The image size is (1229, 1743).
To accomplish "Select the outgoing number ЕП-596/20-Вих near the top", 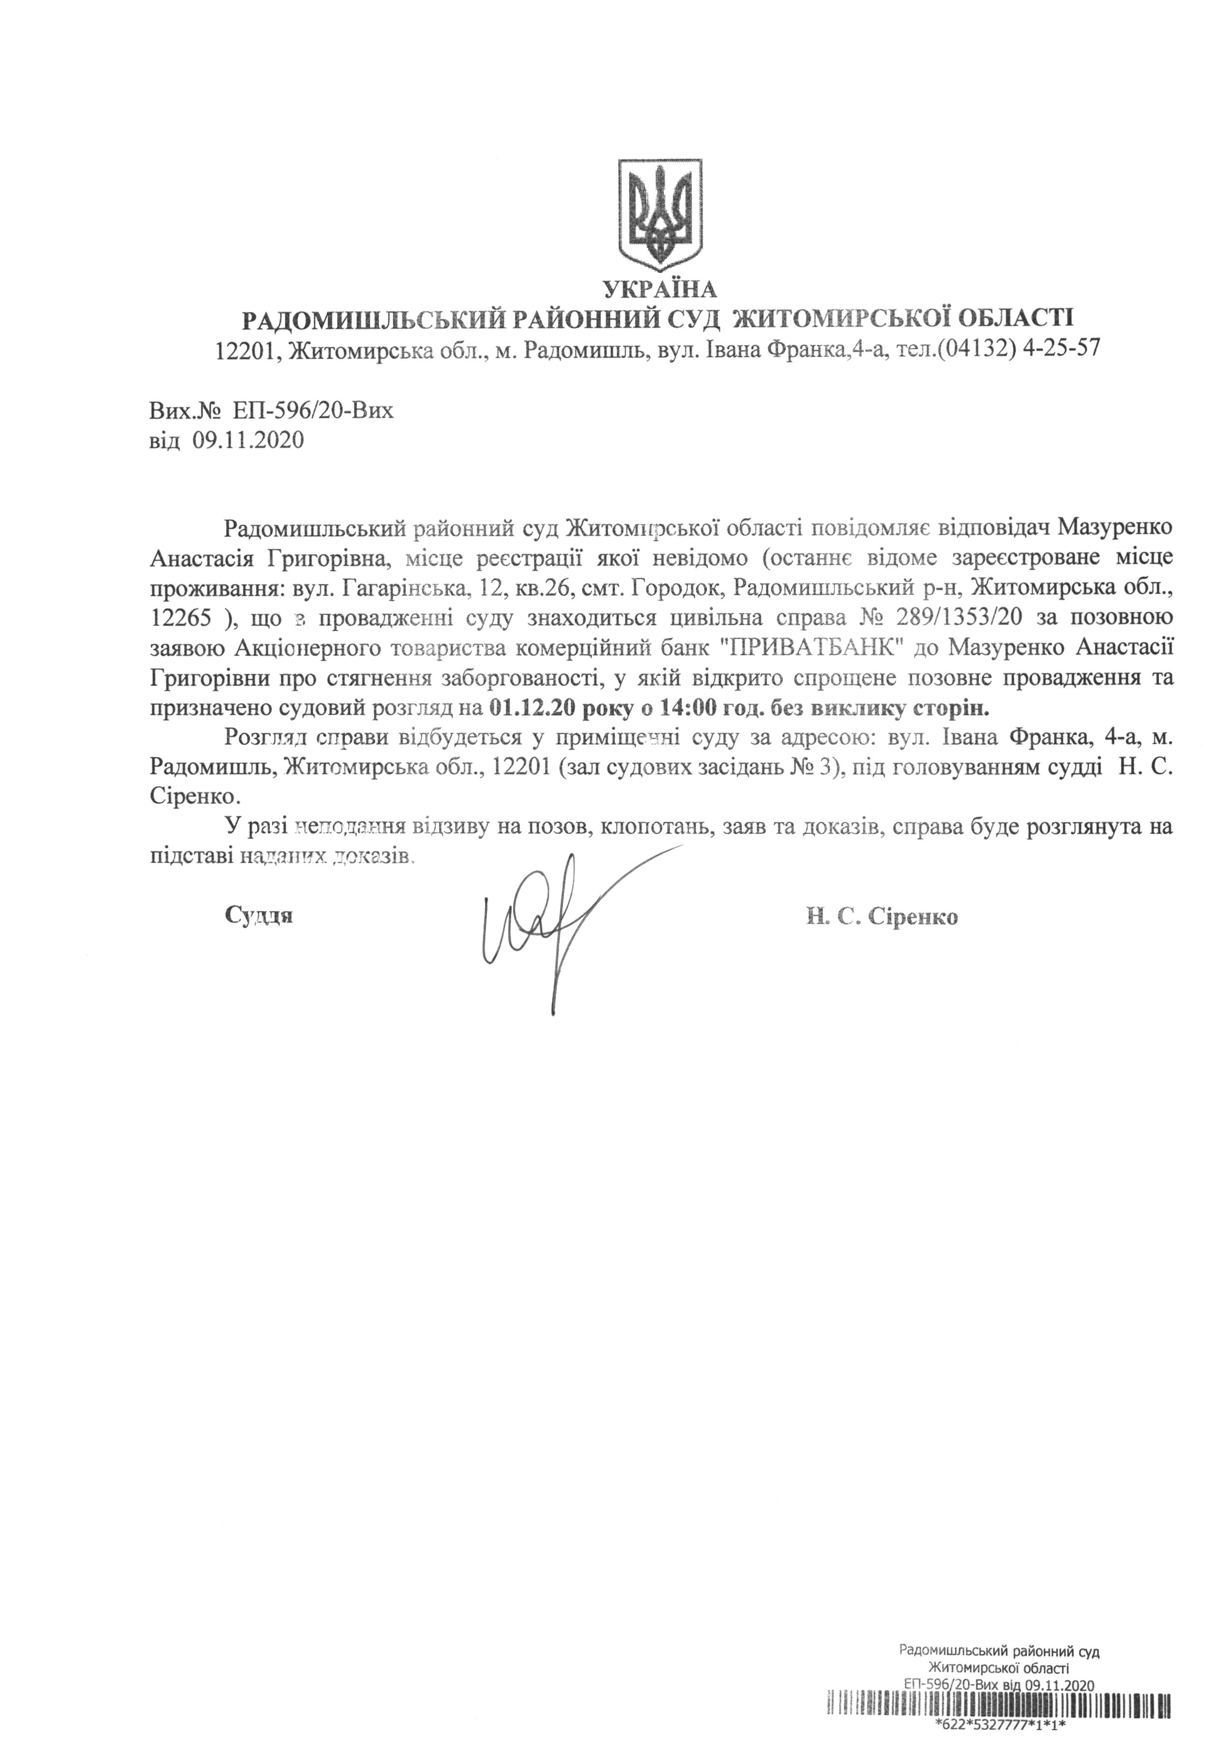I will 313,411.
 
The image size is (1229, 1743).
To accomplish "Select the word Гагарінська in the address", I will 400,589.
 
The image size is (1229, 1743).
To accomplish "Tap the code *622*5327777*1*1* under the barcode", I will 1001,1733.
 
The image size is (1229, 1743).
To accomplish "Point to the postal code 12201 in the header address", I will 244,350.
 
